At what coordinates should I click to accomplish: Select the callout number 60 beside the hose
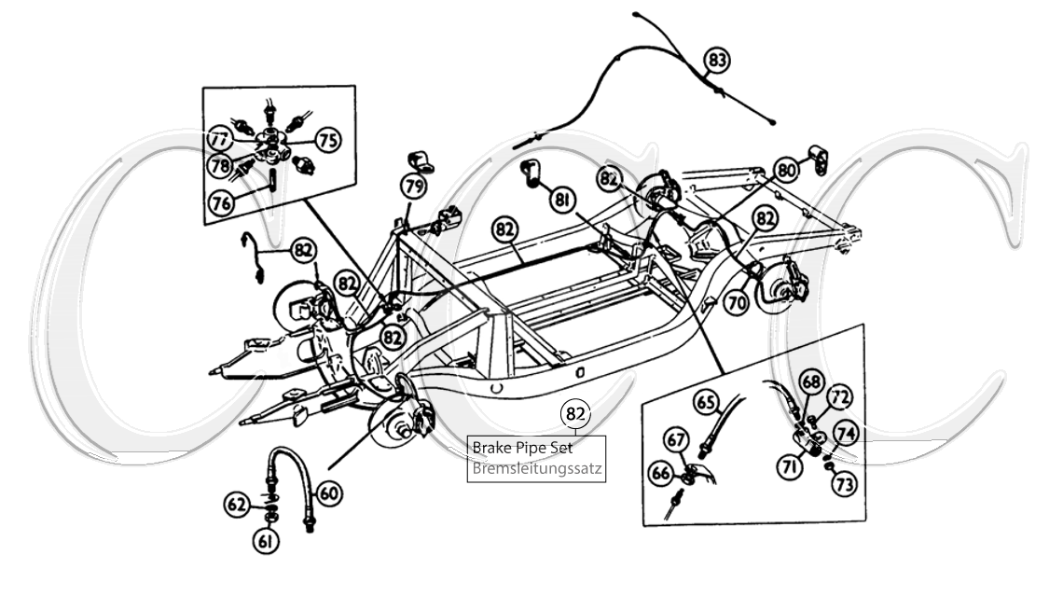pyautogui.click(x=327, y=491)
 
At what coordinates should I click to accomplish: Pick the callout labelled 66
pyautogui.click(x=661, y=473)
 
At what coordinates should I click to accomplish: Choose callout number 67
pyautogui.click(x=676, y=439)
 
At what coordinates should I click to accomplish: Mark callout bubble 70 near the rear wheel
pyautogui.click(x=737, y=302)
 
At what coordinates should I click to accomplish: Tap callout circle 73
pyautogui.click(x=845, y=483)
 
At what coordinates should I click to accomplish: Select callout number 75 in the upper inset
pyautogui.click(x=326, y=140)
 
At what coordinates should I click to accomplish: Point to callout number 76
pyautogui.click(x=222, y=203)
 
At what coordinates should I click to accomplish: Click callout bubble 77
pyautogui.click(x=220, y=140)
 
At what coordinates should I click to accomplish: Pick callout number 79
pyautogui.click(x=414, y=186)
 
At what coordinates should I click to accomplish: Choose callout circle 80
pyautogui.click(x=787, y=171)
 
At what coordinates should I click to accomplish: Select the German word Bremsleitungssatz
pyautogui.click(x=537, y=469)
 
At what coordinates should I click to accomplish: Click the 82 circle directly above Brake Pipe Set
pyautogui.click(x=575, y=413)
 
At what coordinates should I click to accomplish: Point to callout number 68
pyautogui.click(x=811, y=382)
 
